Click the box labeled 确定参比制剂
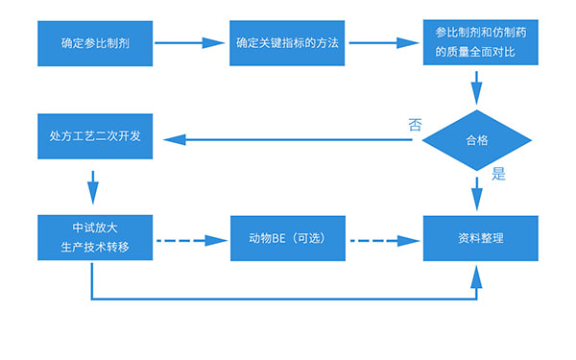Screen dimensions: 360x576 point(94,43)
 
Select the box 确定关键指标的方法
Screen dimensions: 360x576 point(287,43)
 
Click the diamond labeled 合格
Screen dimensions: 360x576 point(477,139)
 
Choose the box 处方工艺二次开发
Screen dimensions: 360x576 point(94,136)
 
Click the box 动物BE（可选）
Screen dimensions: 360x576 point(287,237)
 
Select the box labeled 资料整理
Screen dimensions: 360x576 point(477,237)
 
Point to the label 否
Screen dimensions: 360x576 point(415,124)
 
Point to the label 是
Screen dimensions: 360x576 point(498,175)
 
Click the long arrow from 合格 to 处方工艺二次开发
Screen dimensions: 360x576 point(298,140)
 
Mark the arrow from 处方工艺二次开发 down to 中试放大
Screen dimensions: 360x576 point(93,182)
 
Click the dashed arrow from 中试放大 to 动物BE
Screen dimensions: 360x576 point(190,238)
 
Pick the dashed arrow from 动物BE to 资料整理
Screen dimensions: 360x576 point(383,238)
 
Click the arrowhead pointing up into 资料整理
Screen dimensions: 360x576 point(477,275)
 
